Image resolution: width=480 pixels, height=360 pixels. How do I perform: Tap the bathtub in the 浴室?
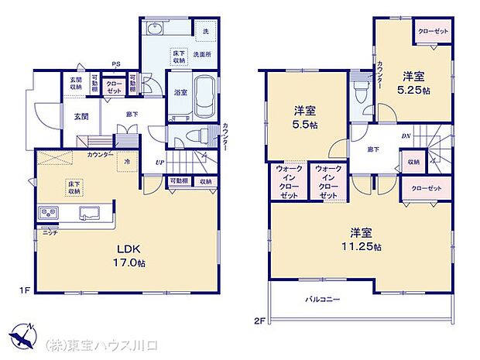[x=204, y=96]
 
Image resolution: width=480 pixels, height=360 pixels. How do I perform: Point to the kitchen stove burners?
[x=46, y=213]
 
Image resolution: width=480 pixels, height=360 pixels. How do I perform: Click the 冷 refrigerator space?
[x=128, y=161]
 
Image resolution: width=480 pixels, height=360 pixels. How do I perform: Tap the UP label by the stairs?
[x=160, y=162]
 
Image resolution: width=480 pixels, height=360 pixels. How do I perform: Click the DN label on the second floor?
[x=406, y=137]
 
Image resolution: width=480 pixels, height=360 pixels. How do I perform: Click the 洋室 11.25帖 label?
[x=362, y=238]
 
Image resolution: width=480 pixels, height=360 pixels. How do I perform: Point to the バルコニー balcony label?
[x=322, y=298]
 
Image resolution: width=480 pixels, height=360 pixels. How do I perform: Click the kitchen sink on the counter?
[x=86, y=212]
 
